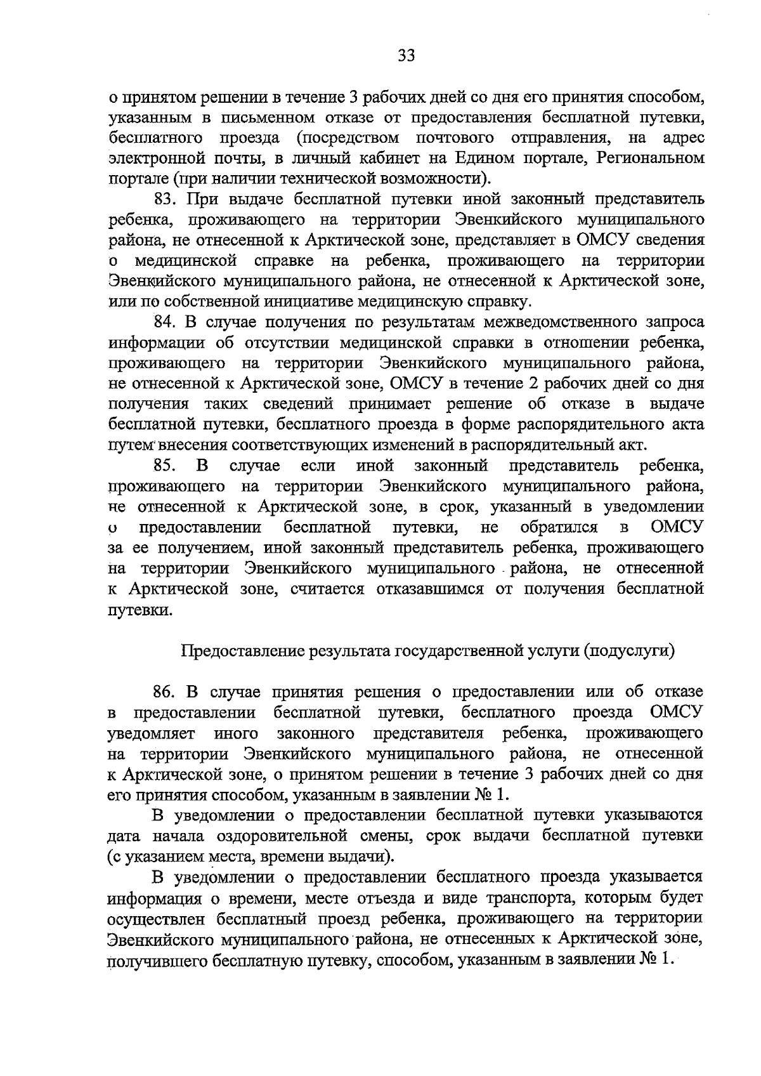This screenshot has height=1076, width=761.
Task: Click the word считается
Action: [x=329, y=589]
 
